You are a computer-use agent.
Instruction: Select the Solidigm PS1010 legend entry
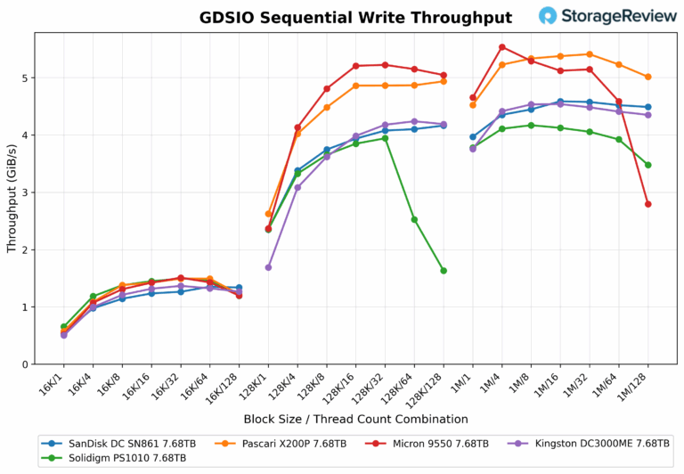point(117,458)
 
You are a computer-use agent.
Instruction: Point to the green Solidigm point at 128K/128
point(444,271)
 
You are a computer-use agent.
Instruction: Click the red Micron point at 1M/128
point(647,204)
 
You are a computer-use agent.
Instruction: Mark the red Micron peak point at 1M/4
point(502,47)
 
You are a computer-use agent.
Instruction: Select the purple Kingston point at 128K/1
point(269,267)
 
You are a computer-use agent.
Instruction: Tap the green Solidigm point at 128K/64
point(414,219)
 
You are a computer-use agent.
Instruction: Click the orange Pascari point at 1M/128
point(647,77)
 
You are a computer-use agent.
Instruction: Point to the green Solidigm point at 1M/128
point(647,165)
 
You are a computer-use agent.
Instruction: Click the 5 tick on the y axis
point(27,78)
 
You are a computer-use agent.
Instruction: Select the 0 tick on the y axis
point(27,364)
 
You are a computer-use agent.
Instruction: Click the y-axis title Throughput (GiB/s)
point(11,198)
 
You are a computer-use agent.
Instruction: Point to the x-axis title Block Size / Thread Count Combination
point(355,419)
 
